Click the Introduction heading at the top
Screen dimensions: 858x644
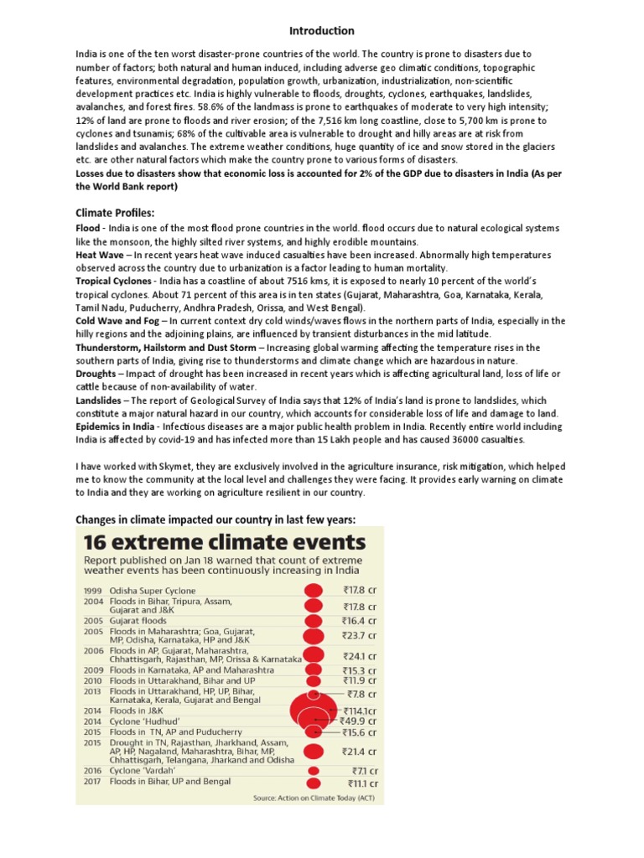pos(321,31)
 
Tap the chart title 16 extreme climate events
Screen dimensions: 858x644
pos(224,540)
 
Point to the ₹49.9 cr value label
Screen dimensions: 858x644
pos(357,721)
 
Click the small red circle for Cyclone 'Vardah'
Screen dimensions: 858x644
pos(314,771)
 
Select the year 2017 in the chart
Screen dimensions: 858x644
pos(92,783)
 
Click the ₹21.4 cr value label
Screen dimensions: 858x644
pos(359,752)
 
